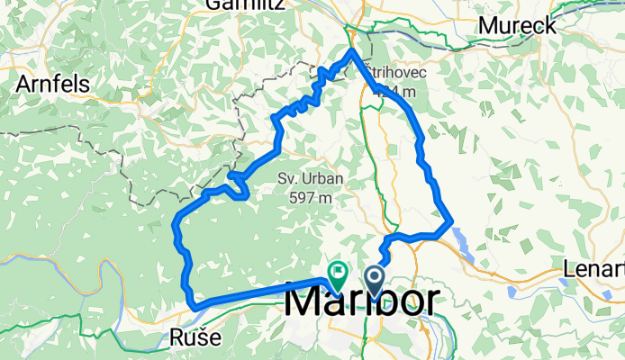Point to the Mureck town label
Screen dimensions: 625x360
[x=517, y=26]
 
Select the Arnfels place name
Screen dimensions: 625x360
[x=50, y=83]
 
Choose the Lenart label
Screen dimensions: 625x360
[x=593, y=269]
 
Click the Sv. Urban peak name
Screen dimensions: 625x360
[x=305, y=177]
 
